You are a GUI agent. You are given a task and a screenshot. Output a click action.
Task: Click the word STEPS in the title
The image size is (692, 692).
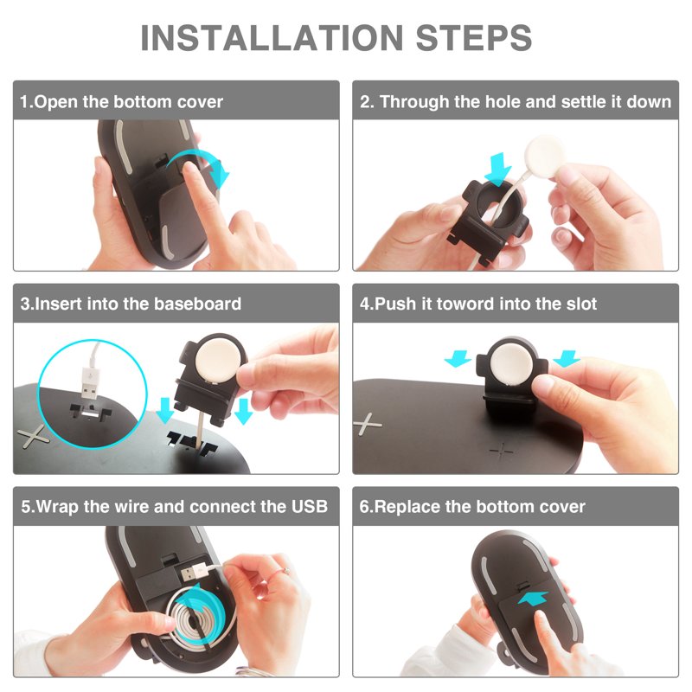[x=473, y=37]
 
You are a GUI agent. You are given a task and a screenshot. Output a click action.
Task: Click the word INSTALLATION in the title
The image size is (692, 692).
[x=272, y=37]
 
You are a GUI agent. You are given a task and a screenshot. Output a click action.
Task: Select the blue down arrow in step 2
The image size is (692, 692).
[x=498, y=170]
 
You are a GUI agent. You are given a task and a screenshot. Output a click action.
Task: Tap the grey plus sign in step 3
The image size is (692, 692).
[x=32, y=436]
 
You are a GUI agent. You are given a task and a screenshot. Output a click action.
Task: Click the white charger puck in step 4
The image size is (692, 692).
[x=512, y=363]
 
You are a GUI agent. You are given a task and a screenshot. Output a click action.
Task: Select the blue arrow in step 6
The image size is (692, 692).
[x=533, y=599]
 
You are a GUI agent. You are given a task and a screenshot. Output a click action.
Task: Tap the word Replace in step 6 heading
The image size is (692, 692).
[x=407, y=507]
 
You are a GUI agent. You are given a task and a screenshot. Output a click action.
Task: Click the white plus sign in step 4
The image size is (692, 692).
[x=366, y=425]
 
